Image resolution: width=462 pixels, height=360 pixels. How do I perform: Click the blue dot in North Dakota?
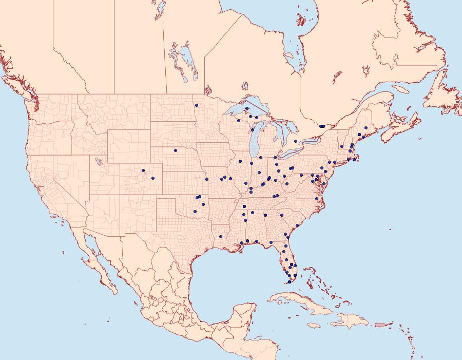point(197,105)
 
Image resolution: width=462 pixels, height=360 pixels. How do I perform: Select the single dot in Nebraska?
point(176,150)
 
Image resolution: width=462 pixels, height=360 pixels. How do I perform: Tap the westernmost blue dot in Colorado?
point(143,170)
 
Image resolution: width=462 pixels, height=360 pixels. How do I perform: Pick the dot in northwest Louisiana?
point(220,237)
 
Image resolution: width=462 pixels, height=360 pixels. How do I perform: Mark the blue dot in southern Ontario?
point(296,141)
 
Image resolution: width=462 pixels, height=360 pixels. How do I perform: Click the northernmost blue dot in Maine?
point(365,128)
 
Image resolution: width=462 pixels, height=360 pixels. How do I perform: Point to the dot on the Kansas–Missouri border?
point(207,179)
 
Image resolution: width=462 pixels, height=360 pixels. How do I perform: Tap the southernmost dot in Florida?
point(290,282)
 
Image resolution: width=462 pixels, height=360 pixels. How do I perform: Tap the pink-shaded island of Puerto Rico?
point(379,324)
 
